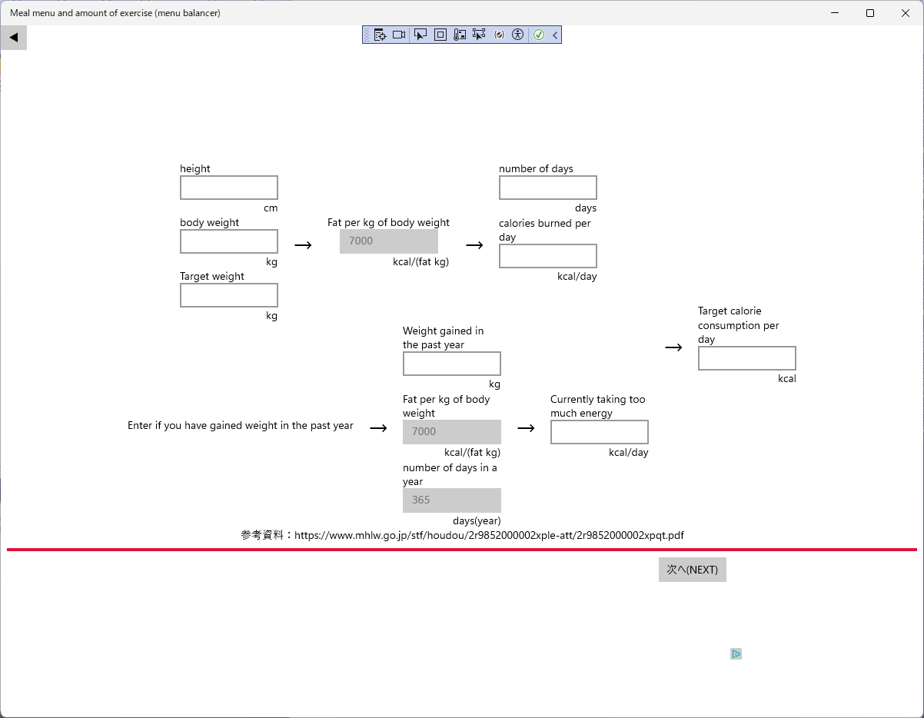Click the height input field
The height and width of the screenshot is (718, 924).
pos(229,188)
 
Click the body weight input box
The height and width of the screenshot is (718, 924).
pos(229,241)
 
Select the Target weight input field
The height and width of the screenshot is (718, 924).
pos(229,295)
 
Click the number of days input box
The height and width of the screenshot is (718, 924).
pos(547,188)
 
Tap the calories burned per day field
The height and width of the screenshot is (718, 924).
pos(547,256)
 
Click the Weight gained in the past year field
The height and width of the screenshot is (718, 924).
pos(451,364)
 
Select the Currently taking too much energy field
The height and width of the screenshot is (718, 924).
pos(599,432)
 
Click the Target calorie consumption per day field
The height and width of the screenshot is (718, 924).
pos(746,358)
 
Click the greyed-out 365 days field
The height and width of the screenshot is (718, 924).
pos(451,500)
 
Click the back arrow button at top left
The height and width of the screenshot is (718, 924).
pos(14,38)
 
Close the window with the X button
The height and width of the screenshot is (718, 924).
pos(906,13)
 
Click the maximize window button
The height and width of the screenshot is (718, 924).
pos(870,13)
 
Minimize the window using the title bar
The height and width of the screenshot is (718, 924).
pos(835,13)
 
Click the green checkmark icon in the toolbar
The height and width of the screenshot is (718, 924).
pos(538,35)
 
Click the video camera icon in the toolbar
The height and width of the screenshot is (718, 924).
pos(398,35)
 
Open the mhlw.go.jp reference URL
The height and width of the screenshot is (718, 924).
pos(489,535)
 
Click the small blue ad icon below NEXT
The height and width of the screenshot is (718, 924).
pos(736,653)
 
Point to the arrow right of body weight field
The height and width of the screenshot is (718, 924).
pos(303,245)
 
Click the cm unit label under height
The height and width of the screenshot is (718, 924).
pos(271,208)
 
